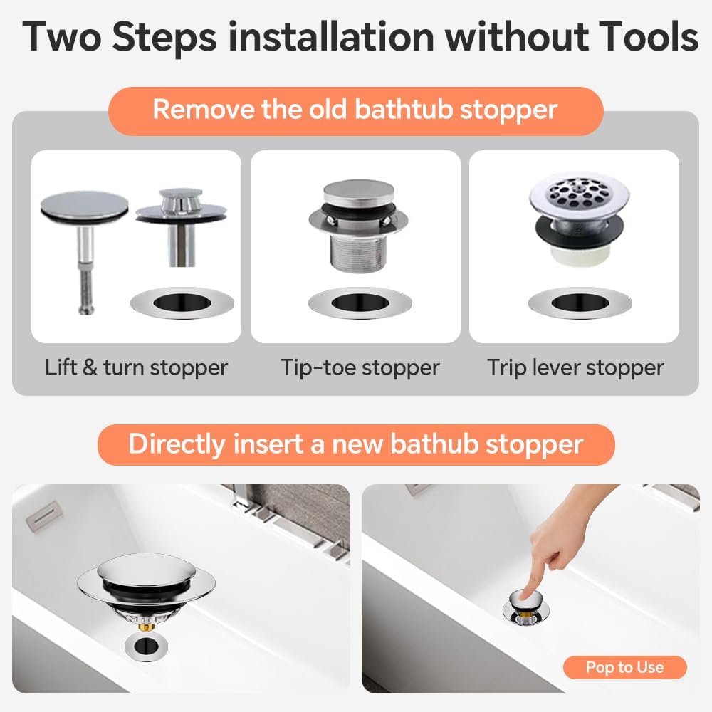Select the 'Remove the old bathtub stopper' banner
pyautogui.click(x=355, y=110)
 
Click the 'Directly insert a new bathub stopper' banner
pyautogui.click(x=355, y=444)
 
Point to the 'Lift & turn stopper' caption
pyautogui.click(x=136, y=367)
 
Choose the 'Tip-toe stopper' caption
pyautogui.click(x=360, y=367)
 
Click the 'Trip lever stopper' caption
pyautogui.click(x=575, y=367)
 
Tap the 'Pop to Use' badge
pyautogui.click(x=624, y=667)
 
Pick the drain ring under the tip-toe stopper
pyautogui.click(x=360, y=303)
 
